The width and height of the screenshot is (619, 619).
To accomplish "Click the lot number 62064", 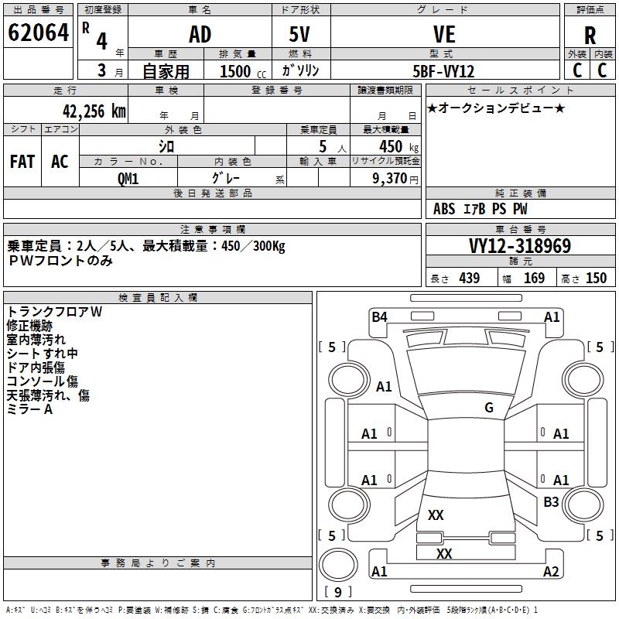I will click(38, 34).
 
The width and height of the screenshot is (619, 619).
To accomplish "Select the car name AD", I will click(200, 35).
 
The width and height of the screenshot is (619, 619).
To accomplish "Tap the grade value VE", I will click(443, 35).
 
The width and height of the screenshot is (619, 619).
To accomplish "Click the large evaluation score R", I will click(590, 36).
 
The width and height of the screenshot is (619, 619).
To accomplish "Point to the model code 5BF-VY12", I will click(443, 70).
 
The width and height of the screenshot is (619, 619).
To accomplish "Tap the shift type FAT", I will click(22, 161).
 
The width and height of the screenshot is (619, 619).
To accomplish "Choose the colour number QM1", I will click(128, 178).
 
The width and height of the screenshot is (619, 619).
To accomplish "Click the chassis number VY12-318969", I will click(520, 246).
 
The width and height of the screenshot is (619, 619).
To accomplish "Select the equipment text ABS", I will click(444, 208).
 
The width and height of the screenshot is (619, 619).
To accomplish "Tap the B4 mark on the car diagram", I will click(379, 316).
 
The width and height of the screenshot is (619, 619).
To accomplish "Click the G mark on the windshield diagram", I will click(489, 408).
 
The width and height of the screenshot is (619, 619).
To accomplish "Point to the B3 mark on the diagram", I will click(551, 502).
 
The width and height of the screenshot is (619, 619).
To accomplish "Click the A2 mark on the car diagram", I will click(551, 572).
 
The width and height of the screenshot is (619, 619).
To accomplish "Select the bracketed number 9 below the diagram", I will click(337, 593).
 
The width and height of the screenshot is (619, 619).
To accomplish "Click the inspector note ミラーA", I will click(29, 409).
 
